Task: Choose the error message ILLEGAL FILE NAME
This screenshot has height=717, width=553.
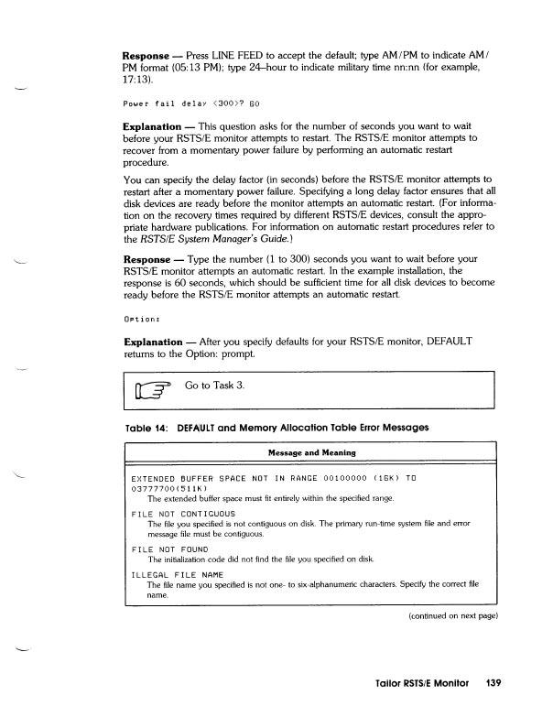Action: click(178, 574)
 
